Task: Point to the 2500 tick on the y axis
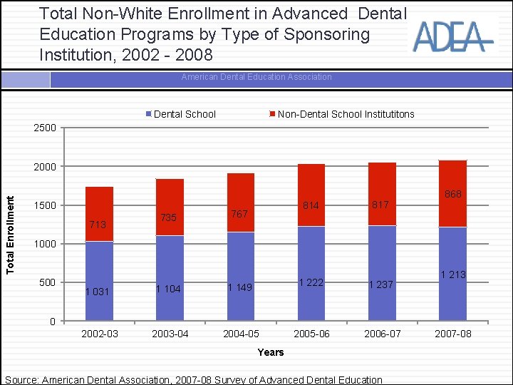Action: tap(44, 128)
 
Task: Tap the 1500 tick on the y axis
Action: tap(44, 205)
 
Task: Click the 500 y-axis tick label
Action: tap(47, 282)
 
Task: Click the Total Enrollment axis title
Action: tap(10, 226)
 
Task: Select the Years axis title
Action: tap(271, 352)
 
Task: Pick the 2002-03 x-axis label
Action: tap(100, 334)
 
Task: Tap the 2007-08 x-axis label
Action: tap(452, 334)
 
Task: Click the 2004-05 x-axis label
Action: tap(241, 334)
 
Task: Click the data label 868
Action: tap(452, 194)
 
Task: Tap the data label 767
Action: tap(239, 214)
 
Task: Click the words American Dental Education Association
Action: tap(256, 77)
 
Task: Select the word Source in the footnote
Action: tap(21, 380)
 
